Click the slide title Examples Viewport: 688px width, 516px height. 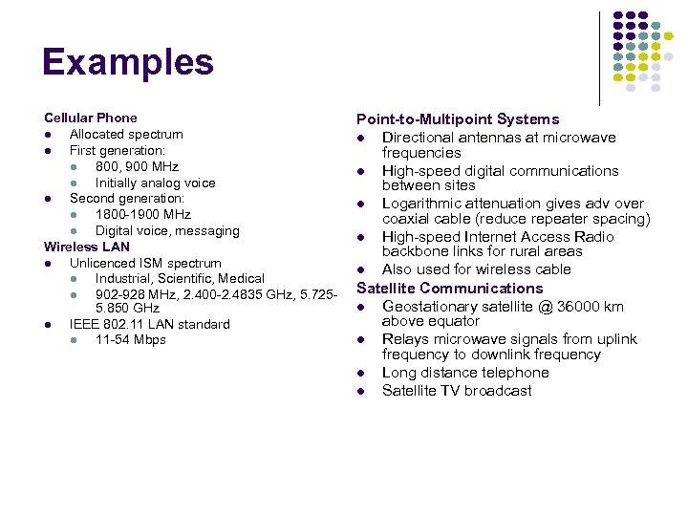[x=127, y=63]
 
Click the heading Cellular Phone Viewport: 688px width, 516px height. [x=90, y=118]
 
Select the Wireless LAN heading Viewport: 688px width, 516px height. [x=86, y=247]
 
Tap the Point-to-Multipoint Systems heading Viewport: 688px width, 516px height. [x=458, y=119]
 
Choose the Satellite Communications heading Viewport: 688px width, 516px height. [x=449, y=288]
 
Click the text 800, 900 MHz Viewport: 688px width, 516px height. [x=137, y=166]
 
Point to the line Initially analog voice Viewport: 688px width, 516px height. [x=155, y=183]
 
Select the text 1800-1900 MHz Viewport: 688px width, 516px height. [x=142, y=214]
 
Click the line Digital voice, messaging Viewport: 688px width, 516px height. [x=166, y=230]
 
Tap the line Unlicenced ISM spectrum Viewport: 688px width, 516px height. [x=145, y=263]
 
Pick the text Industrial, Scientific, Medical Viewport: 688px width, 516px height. [x=180, y=278]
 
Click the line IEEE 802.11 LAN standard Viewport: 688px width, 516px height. [x=149, y=324]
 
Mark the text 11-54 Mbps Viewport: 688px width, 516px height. [x=130, y=339]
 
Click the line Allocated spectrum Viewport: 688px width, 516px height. [x=126, y=134]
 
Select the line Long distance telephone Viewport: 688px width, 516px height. [x=465, y=373]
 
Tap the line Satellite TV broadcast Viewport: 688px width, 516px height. [x=457, y=390]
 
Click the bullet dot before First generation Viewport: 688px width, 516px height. [x=47, y=151]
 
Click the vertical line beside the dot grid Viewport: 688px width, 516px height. [x=599, y=57]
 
